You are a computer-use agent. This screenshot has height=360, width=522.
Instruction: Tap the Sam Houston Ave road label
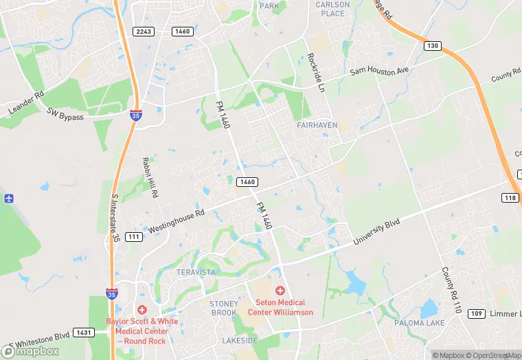[x=379, y=70]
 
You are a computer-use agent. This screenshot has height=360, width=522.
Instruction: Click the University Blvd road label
[x=376, y=233]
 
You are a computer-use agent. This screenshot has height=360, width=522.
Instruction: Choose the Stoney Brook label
[x=223, y=308]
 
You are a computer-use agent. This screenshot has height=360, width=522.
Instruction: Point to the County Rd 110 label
[x=449, y=291]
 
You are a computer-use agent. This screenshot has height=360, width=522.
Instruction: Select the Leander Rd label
[x=26, y=102]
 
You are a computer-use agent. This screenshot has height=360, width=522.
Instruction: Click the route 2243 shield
[x=144, y=32]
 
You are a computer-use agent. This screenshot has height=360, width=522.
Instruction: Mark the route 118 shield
[x=509, y=198]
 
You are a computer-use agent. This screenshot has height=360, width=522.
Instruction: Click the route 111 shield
[x=134, y=237]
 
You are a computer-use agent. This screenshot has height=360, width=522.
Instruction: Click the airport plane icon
[x=8, y=199]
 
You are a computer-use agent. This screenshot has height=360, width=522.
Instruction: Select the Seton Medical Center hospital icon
[x=280, y=291]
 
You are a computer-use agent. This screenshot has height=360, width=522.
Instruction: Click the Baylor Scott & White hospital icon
[x=142, y=311]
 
